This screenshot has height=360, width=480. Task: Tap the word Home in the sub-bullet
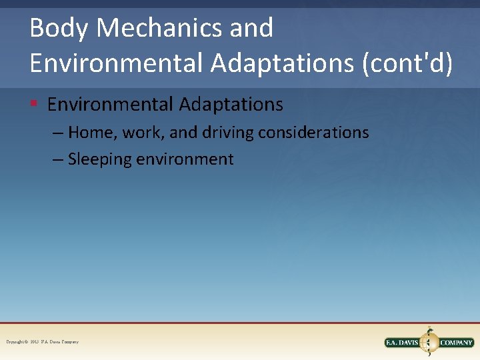tap(91, 133)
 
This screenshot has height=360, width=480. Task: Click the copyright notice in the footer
tap(43, 342)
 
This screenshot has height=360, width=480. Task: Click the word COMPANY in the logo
tap(457, 343)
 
